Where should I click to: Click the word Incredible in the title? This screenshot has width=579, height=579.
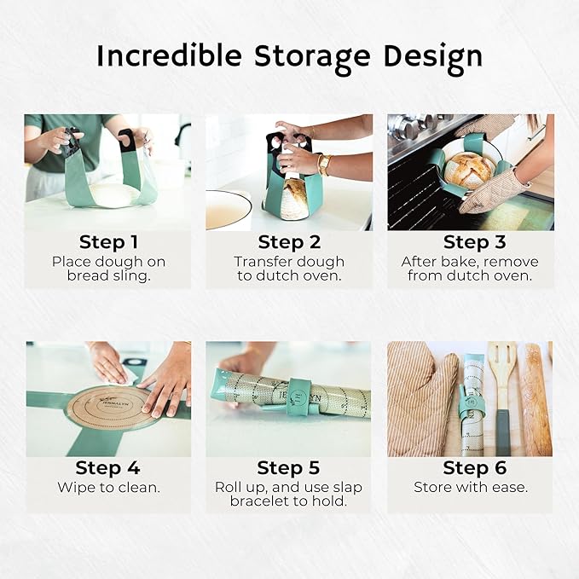pyautogui.click(x=170, y=55)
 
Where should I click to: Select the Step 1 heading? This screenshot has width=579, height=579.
pyautogui.click(x=108, y=242)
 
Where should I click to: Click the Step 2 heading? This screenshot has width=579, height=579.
pyautogui.click(x=290, y=242)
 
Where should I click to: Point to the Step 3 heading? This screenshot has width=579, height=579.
pyautogui.click(x=474, y=242)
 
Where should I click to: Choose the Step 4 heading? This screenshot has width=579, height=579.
pyautogui.click(x=107, y=468)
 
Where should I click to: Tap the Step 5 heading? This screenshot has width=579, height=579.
pyautogui.click(x=288, y=468)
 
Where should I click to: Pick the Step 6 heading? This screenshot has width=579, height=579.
pyautogui.click(x=474, y=468)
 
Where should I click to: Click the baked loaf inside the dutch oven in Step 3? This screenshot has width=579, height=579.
pyautogui.click(x=469, y=171)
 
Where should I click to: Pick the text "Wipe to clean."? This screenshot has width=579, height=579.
pyautogui.click(x=108, y=488)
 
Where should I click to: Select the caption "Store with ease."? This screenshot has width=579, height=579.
pyautogui.click(x=471, y=488)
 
